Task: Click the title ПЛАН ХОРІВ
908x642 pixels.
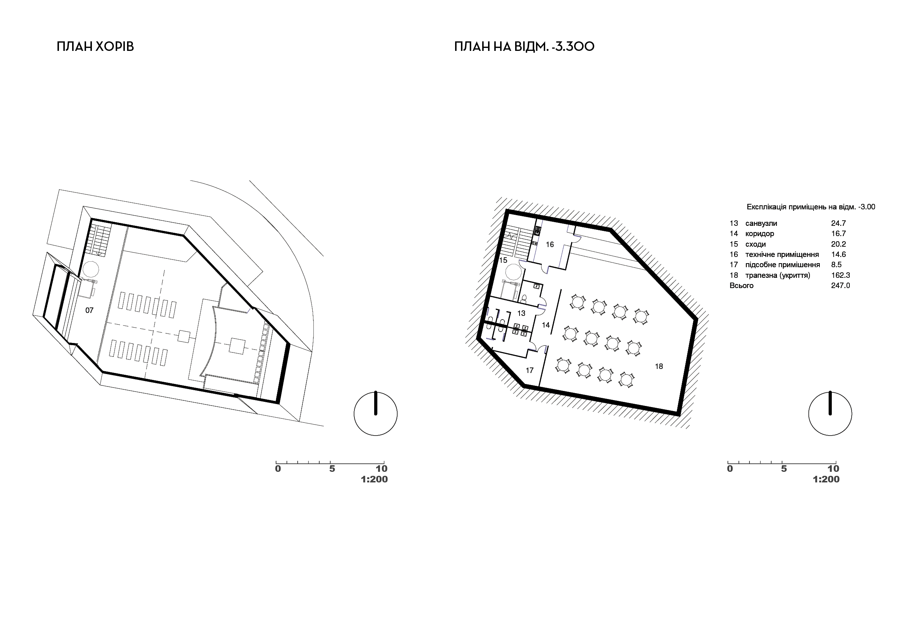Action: point(95,46)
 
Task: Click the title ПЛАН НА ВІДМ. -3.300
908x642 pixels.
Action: point(524,46)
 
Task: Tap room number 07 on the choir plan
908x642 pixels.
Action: point(89,310)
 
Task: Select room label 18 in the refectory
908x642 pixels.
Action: point(659,366)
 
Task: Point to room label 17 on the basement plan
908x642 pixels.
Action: point(529,370)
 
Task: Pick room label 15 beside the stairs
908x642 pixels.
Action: point(503,261)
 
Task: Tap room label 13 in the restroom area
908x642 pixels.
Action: point(521,313)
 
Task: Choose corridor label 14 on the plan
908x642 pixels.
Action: point(546,325)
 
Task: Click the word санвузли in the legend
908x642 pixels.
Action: point(761,224)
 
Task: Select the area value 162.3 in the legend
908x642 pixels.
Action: point(840,275)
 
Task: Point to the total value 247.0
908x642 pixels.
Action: point(840,285)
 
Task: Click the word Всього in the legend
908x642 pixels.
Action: point(741,285)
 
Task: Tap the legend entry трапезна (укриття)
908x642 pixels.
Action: point(778,276)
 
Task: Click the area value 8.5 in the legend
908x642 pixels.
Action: point(836,265)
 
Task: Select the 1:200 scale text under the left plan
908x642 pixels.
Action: point(374,479)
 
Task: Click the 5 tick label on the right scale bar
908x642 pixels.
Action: point(784,469)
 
